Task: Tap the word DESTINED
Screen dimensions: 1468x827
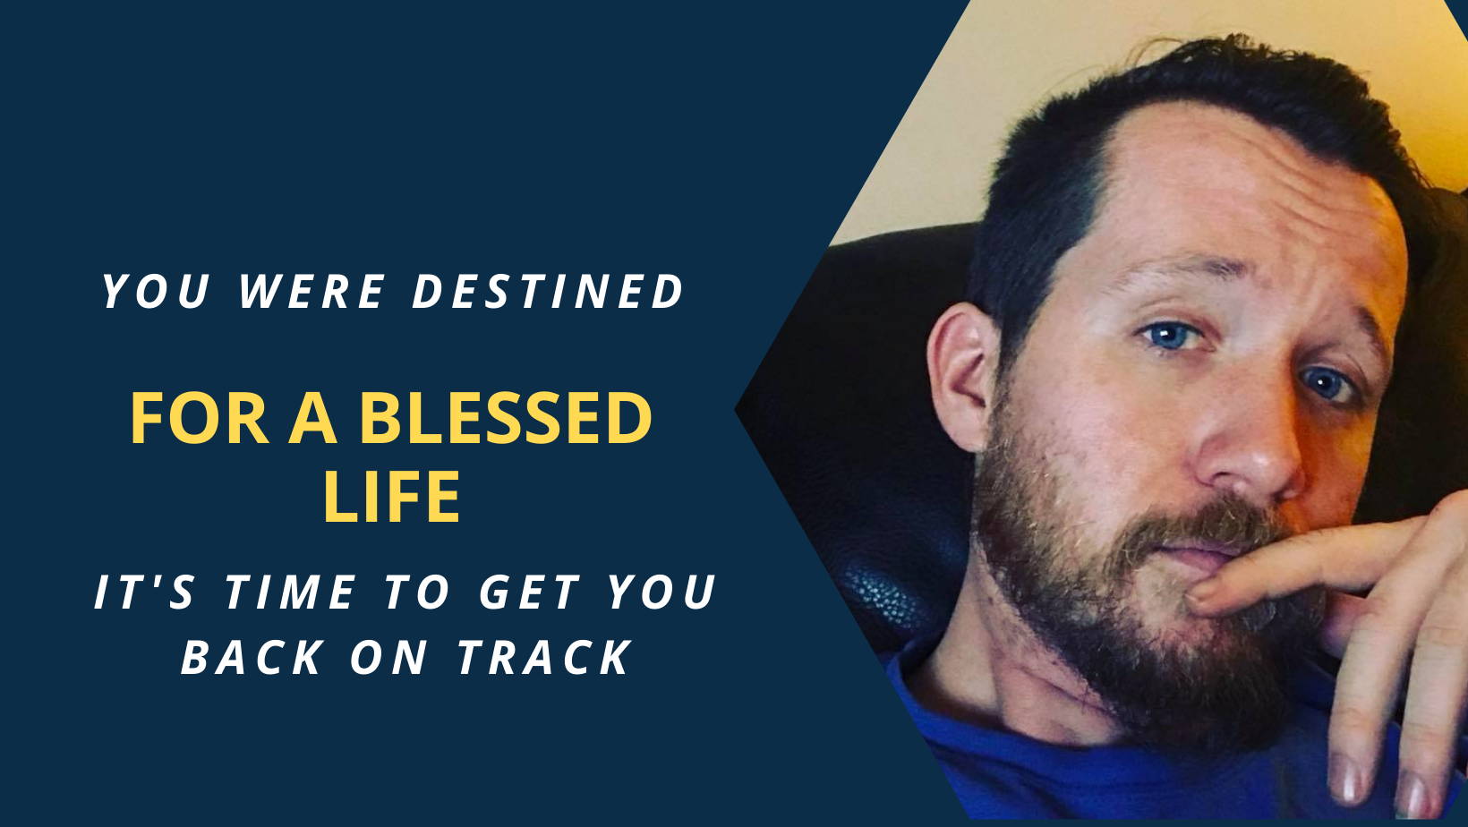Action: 548,291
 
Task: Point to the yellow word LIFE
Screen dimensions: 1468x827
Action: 391,496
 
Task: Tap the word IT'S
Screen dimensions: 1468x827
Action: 144,592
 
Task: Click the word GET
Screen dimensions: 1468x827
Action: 531,592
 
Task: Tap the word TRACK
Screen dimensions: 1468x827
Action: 544,657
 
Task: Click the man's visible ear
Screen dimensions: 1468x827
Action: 963,377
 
